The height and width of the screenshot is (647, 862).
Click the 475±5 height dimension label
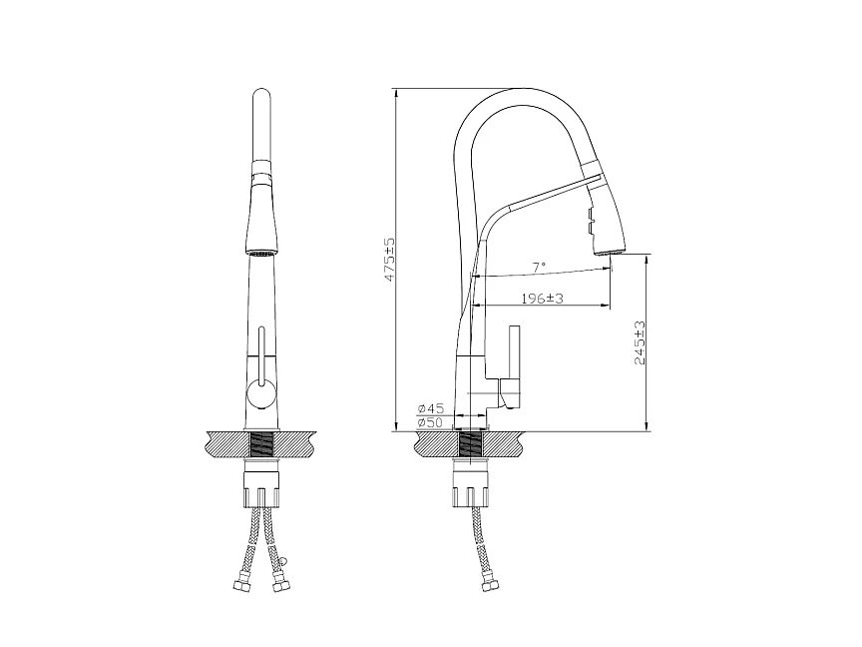[389, 261]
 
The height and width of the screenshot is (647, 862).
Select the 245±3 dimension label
[640, 342]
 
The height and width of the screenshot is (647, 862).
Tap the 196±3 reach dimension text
[542, 299]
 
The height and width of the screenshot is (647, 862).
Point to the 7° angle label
[539, 267]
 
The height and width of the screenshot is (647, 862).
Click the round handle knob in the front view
[261, 395]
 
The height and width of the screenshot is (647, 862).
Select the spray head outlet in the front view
[261, 254]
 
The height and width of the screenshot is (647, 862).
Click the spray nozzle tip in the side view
[611, 252]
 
